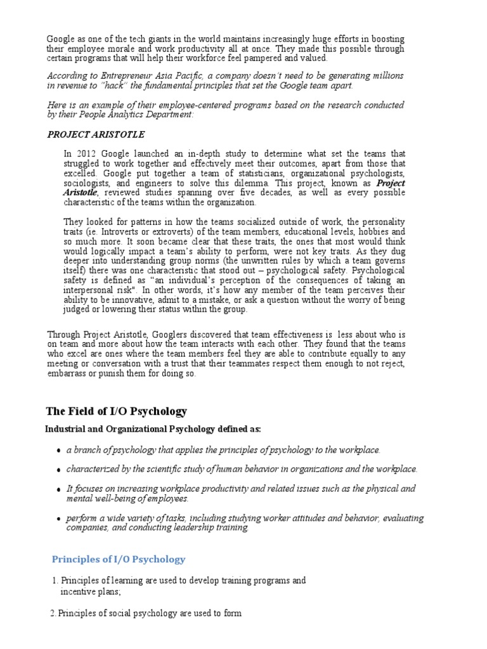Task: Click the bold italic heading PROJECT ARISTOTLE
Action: pyautogui.click(x=96, y=134)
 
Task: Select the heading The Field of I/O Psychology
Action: pyautogui.click(x=117, y=412)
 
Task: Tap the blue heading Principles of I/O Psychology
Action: pyautogui.click(x=118, y=559)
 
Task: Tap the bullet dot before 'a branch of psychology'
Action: pyautogui.click(x=58, y=451)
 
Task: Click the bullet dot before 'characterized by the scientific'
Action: pyautogui.click(x=58, y=470)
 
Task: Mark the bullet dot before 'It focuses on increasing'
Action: pyautogui.click(x=58, y=490)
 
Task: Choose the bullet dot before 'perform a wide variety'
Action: pyautogui.click(x=58, y=519)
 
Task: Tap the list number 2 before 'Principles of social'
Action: pyautogui.click(x=52, y=613)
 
